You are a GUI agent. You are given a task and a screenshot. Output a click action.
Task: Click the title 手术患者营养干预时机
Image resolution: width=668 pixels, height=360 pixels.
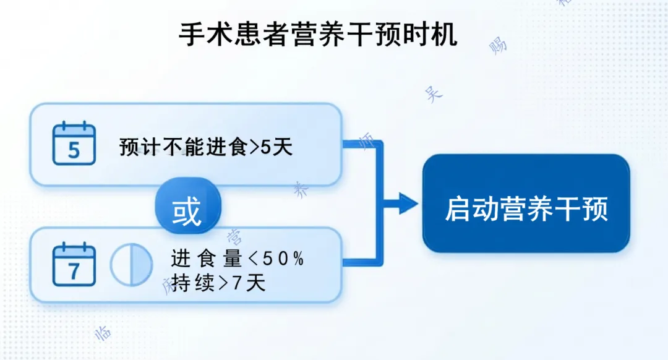tap(319, 35)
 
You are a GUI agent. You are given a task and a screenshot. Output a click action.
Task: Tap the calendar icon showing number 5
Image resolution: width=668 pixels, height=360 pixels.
tap(74, 144)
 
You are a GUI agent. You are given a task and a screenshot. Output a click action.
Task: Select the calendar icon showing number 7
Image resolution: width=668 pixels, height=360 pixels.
tap(74, 265)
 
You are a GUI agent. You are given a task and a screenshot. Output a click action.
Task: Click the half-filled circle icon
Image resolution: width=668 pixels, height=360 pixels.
tap(131, 265)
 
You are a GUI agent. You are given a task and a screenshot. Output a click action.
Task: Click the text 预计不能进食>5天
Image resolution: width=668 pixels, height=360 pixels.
tap(206, 148)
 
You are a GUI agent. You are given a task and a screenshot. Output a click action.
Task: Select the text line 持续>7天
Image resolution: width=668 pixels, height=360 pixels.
tap(218, 283)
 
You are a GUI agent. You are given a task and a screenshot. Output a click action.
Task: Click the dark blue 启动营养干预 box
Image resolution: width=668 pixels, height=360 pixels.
tap(526, 204)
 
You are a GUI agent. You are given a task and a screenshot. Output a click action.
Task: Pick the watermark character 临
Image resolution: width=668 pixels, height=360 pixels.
tap(103, 332)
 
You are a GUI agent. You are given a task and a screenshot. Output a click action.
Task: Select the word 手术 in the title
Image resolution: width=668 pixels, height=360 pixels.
tap(201, 35)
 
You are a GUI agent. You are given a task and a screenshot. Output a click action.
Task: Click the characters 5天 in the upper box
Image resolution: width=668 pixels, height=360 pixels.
tap(278, 148)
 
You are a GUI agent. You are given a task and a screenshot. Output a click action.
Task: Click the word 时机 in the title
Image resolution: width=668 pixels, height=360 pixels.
tap(435, 35)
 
